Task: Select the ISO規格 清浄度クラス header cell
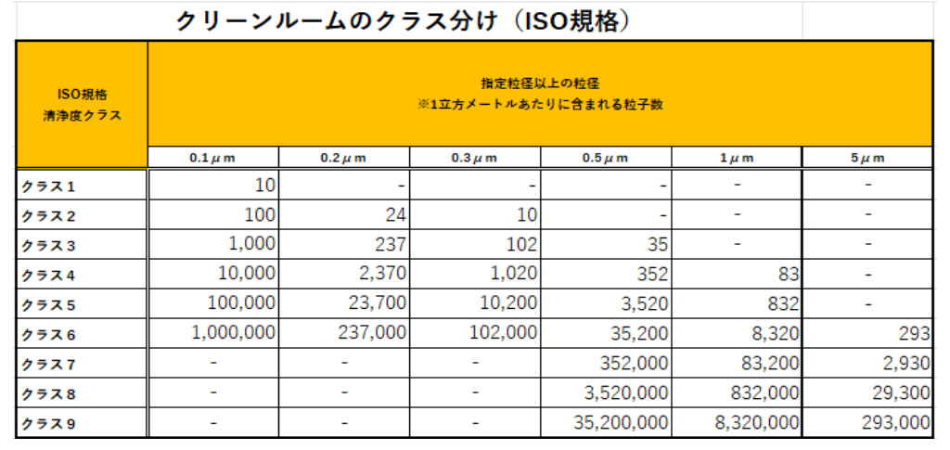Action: (x=83, y=105)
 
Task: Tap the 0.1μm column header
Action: (x=212, y=158)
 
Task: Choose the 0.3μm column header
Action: (x=474, y=158)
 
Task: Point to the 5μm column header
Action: (x=867, y=158)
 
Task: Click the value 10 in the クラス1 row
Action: (x=264, y=185)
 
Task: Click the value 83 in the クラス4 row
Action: (x=787, y=275)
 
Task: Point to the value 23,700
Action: (x=371, y=304)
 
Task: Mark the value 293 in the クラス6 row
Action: (x=914, y=334)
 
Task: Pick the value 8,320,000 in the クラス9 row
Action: (x=756, y=424)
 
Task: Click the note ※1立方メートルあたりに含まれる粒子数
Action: (x=540, y=104)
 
